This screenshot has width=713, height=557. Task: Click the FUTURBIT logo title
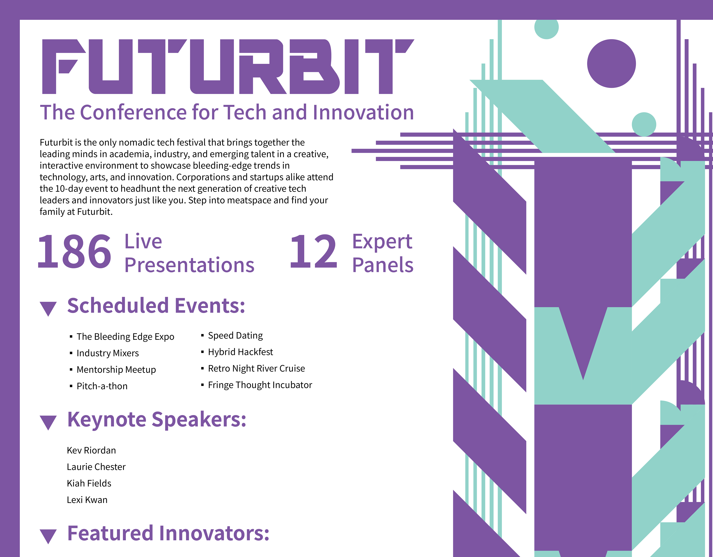228,67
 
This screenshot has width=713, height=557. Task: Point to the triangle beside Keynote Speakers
48,422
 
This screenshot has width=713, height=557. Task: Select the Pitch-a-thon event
102,386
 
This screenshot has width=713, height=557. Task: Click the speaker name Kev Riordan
91,450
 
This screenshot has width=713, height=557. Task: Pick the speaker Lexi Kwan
87,500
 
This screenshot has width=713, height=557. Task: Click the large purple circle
611,64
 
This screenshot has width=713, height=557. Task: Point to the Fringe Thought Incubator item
260,385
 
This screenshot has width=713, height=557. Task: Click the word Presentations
189,265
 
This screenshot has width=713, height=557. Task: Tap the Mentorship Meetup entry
116,370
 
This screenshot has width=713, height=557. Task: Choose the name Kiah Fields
89,483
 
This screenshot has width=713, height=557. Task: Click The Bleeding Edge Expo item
125,337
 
